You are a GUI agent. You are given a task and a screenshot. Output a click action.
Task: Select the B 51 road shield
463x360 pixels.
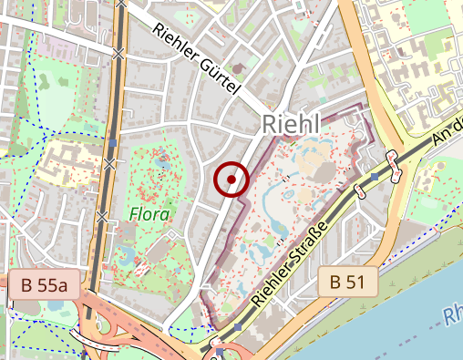(x=347, y=283)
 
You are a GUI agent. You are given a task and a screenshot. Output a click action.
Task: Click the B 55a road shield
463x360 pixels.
(x=45, y=285)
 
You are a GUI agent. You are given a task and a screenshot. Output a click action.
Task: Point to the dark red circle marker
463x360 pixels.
(x=231, y=180)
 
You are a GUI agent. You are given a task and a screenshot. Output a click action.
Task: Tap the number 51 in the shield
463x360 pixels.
(x=355, y=283)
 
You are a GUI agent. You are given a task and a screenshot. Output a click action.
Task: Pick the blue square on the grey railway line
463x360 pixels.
(x=112, y=143)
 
